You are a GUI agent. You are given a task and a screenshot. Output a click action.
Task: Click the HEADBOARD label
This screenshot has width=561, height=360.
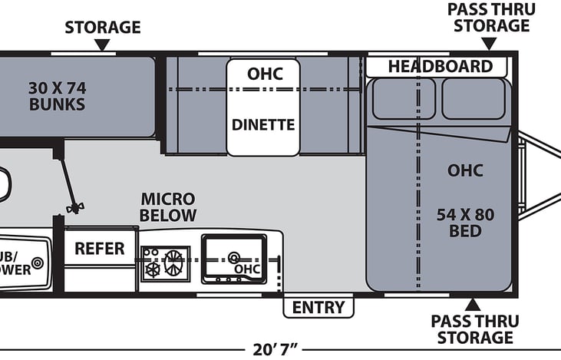[x=439, y=66]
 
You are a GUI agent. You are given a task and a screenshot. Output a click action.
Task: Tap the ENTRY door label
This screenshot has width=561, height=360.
[x=318, y=308]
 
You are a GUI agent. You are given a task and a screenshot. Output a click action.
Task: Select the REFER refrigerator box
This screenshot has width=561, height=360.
[x=100, y=249]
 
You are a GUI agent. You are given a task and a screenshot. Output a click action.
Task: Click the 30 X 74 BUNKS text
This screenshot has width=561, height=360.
[x=57, y=95]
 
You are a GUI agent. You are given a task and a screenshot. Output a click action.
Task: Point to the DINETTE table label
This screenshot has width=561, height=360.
[x=263, y=124]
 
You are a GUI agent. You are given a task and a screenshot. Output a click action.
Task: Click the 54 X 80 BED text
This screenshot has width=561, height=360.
[x=466, y=223]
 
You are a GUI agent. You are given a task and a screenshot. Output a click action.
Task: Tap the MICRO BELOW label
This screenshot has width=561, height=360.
[x=168, y=207]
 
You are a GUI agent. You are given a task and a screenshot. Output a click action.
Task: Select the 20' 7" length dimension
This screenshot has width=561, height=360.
[x=280, y=350]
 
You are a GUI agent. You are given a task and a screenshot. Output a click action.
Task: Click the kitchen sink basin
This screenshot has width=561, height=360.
[x=233, y=253]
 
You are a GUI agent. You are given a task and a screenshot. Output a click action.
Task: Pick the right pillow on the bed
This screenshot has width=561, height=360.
[x=473, y=98]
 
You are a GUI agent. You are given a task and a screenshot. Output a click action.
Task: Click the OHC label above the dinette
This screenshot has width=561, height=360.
[x=265, y=74]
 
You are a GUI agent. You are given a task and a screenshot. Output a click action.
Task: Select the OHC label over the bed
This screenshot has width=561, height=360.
[x=466, y=170]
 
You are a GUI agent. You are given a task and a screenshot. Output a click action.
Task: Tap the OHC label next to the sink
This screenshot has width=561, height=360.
[x=247, y=269]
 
